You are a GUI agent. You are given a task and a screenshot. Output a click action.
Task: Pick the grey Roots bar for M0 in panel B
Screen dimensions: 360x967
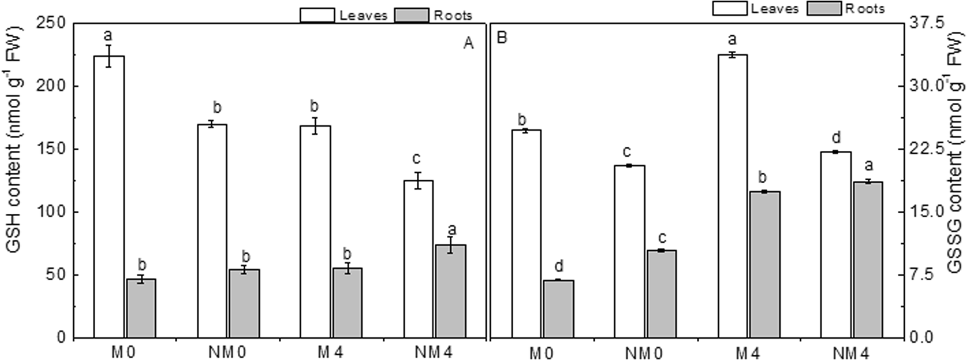(x=558, y=309)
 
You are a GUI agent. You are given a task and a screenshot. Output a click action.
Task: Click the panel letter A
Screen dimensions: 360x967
(x=469, y=44)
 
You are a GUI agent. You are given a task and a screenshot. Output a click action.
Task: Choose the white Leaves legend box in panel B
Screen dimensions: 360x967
(x=730, y=8)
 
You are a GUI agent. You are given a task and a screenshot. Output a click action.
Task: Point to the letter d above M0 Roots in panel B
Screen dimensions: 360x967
(x=558, y=267)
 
